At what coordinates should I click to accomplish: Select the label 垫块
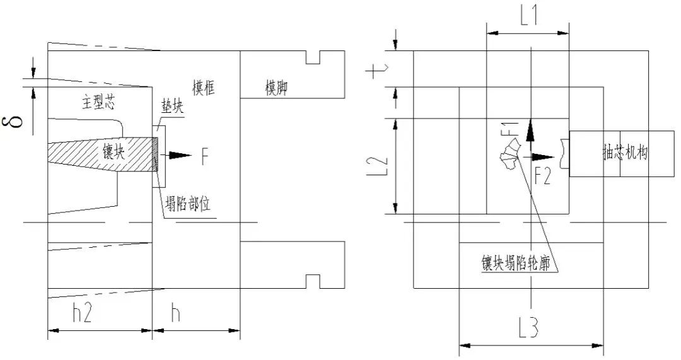coord(171,107)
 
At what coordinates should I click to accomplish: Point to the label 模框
coord(203,88)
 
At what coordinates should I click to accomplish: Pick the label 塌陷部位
coord(187,204)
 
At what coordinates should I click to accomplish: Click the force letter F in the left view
coord(204,156)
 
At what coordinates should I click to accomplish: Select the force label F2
coord(542,175)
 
